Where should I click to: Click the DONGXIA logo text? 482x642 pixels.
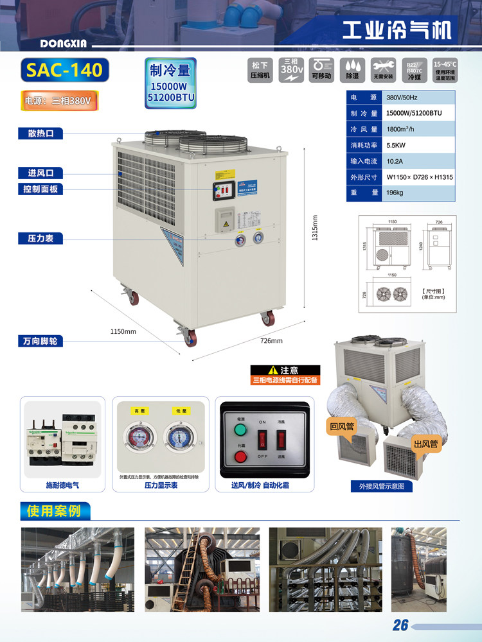click(x=67, y=44)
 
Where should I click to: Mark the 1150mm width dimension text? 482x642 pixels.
click(x=123, y=331)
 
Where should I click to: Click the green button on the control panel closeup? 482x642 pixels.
click(x=241, y=428)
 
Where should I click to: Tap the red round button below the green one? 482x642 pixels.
click(x=241, y=457)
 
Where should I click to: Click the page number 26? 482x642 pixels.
click(x=400, y=625)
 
